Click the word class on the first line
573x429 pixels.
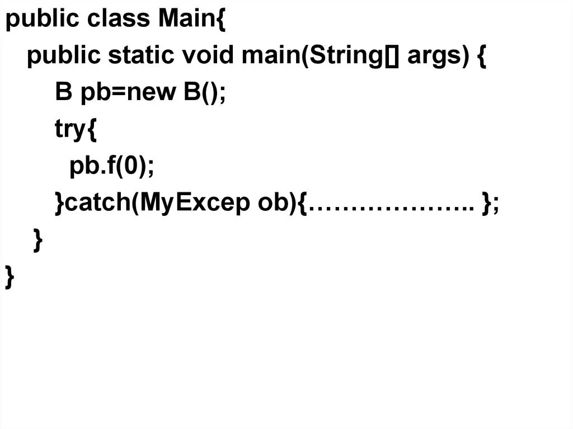[x=118, y=20]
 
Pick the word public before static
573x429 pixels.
[x=64, y=56]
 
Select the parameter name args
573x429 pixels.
[x=433, y=57]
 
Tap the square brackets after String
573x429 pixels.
[x=391, y=56]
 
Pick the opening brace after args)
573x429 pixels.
[x=482, y=56]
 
